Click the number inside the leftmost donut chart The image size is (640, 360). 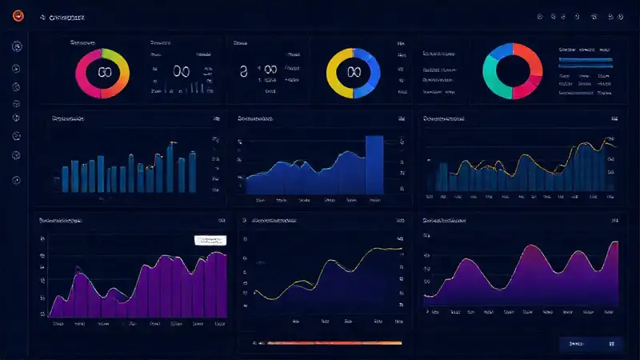click(102, 72)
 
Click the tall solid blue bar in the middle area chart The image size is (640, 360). click(374, 164)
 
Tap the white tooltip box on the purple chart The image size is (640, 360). click(210, 240)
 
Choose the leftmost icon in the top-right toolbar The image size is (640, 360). click(541, 16)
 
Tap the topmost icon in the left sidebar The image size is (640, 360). click(16, 47)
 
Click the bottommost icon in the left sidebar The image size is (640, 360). click(16, 180)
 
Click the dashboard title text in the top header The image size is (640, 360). click(67, 17)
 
